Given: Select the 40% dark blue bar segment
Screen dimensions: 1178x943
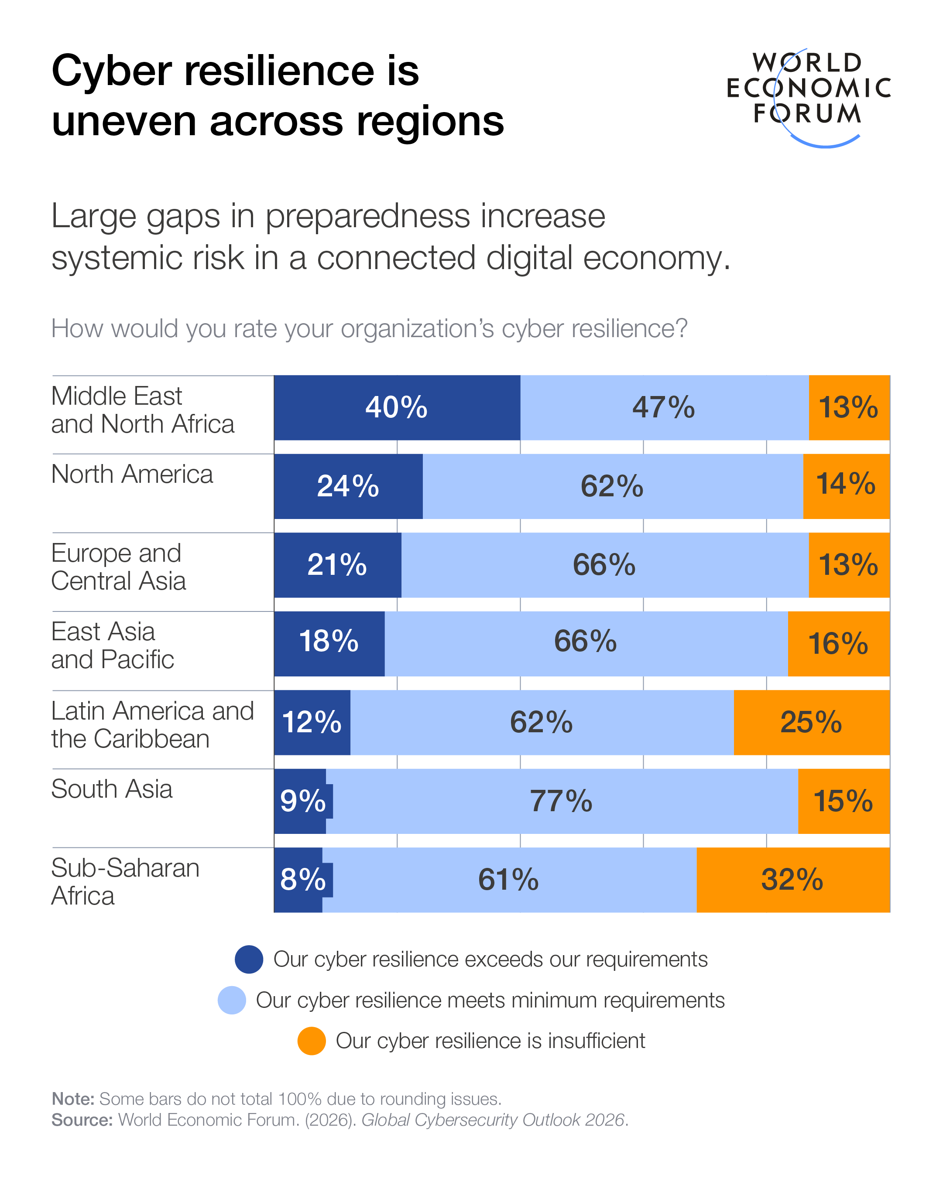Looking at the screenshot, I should [x=397, y=408].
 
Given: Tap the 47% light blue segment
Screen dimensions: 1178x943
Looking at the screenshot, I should [x=664, y=408].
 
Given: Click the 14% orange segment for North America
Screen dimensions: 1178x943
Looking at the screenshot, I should [x=846, y=486].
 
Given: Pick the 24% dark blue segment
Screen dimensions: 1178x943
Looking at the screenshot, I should [x=348, y=486].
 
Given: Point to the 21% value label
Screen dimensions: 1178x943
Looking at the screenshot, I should [x=337, y=564].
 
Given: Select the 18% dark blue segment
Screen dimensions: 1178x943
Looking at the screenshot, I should [x=329, y=644].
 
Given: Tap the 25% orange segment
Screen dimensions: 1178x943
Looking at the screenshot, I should [x=811, y=722].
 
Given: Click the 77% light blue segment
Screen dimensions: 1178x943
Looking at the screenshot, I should [x=562, y=801].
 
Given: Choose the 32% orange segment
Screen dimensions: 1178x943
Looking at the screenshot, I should [x=792, y=880].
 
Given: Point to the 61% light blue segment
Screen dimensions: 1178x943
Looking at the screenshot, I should [x=508, y=880].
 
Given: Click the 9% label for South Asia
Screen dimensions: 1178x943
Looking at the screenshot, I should [x=303, y=801].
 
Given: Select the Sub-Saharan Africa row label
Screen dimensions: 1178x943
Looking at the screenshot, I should [x=125, y=881].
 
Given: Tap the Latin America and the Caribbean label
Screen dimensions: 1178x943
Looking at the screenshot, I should [x=152, y=724].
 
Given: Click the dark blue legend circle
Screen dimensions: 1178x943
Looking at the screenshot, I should [x=249, y=959].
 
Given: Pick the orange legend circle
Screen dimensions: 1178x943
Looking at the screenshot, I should [x=312, y=1041].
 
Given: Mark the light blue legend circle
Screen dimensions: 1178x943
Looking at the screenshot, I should [x=232, y=1000].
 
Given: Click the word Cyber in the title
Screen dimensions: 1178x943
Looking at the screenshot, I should [x=112, y=71].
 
